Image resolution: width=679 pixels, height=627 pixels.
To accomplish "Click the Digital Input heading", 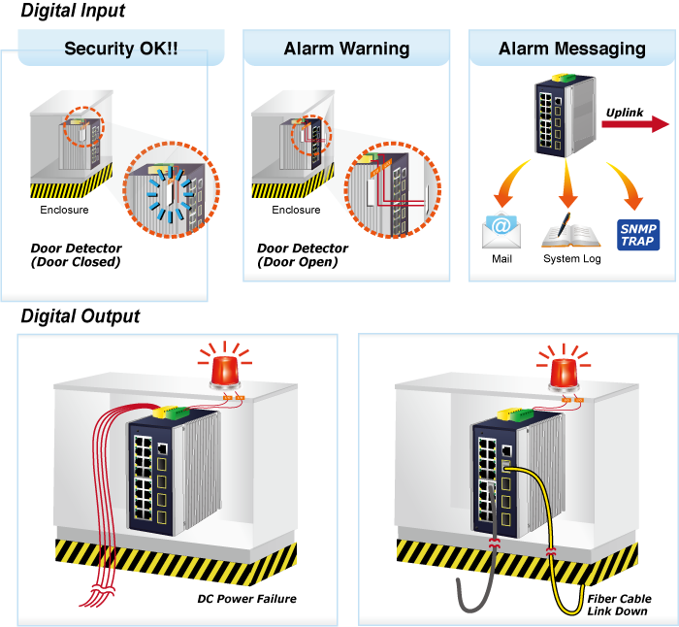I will pyautogui.click(x=73, y=13).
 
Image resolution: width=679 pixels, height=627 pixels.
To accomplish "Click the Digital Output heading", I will pyautogui.click(x=81, y=316).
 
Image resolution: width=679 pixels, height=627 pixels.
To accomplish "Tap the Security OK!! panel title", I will pyautogui.click(x=120, y=49).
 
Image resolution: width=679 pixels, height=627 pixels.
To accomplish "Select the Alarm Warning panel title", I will pyautogui.click(x=346, y=49).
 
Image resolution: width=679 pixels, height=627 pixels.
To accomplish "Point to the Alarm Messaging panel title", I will pyautogui.click(x=571, y=49).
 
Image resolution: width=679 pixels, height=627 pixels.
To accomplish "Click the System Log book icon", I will pyautogui.click(x=570, y=230).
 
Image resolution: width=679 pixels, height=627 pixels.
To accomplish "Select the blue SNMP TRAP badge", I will pyautogui.click(x=637, y=234).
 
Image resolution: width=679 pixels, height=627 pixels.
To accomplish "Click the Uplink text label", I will pyautogui.click(x=625, y=113).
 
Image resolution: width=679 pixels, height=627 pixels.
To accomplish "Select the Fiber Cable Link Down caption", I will pyautogui.click(x=619, y=605).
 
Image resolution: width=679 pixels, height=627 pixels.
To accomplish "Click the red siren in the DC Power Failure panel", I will pyautogui.click(x=226, y=371).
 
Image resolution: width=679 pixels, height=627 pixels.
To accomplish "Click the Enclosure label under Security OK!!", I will pyautogui.click(x=64, y=210).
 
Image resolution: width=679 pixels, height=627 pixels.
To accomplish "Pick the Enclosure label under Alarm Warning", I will pyautogui.click(x=296, y=210).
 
